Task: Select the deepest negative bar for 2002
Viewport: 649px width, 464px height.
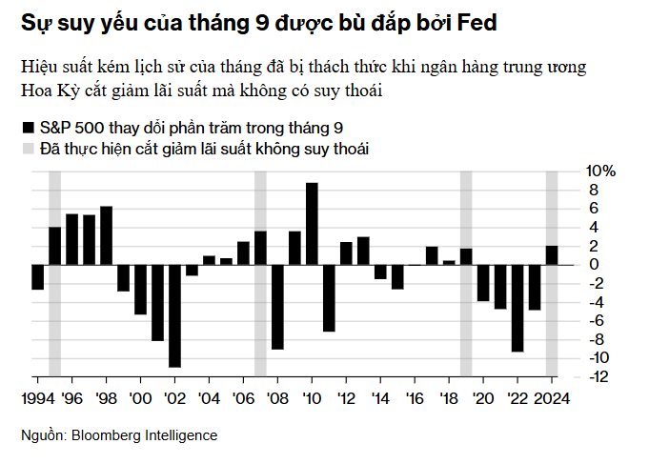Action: click(x=174, y=315)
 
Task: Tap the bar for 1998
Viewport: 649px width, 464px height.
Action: click(x=106, y=235)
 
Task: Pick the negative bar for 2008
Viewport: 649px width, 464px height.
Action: click(x=277, y=307)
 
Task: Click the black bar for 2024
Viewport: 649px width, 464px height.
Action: click(x=552, y=255)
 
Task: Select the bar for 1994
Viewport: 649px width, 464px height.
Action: click(x=37, y=276)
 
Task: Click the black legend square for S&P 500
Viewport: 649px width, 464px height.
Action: click(x=28, y=127)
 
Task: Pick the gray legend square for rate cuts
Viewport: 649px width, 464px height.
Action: click(x=28, y=149)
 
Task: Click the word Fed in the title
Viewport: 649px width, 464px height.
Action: click(x=475, y=22)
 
